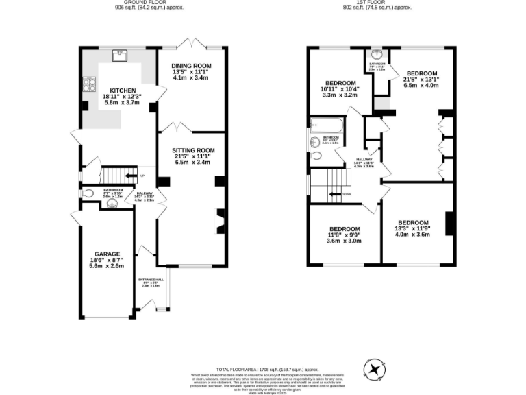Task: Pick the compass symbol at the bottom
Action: [375, 370]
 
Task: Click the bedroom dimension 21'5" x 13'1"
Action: [421, 80]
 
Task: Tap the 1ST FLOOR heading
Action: [378, 3]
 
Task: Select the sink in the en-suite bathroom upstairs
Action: [377, 55]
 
